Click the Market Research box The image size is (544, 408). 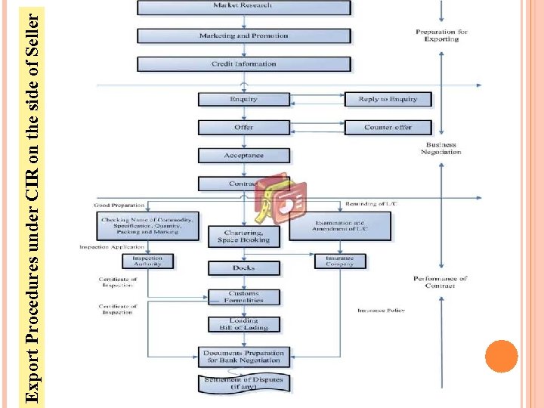243,7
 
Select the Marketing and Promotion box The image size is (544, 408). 243,36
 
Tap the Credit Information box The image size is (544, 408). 243,64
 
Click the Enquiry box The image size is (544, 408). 243,99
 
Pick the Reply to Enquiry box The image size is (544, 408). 388,99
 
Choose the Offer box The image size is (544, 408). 243,127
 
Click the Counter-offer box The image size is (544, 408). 388,127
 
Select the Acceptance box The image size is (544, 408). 243,156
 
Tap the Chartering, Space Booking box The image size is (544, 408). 243,236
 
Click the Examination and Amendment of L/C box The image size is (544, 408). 340,226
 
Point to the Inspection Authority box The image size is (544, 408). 147,261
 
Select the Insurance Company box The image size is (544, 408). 340,261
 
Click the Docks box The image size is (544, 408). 243,267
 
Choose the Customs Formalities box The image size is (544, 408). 243,297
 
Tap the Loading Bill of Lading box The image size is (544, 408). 243,324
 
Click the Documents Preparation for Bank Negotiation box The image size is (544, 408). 243,356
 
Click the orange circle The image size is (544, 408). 501,356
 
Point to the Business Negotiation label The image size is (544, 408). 441,148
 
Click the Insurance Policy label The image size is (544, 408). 382,311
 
